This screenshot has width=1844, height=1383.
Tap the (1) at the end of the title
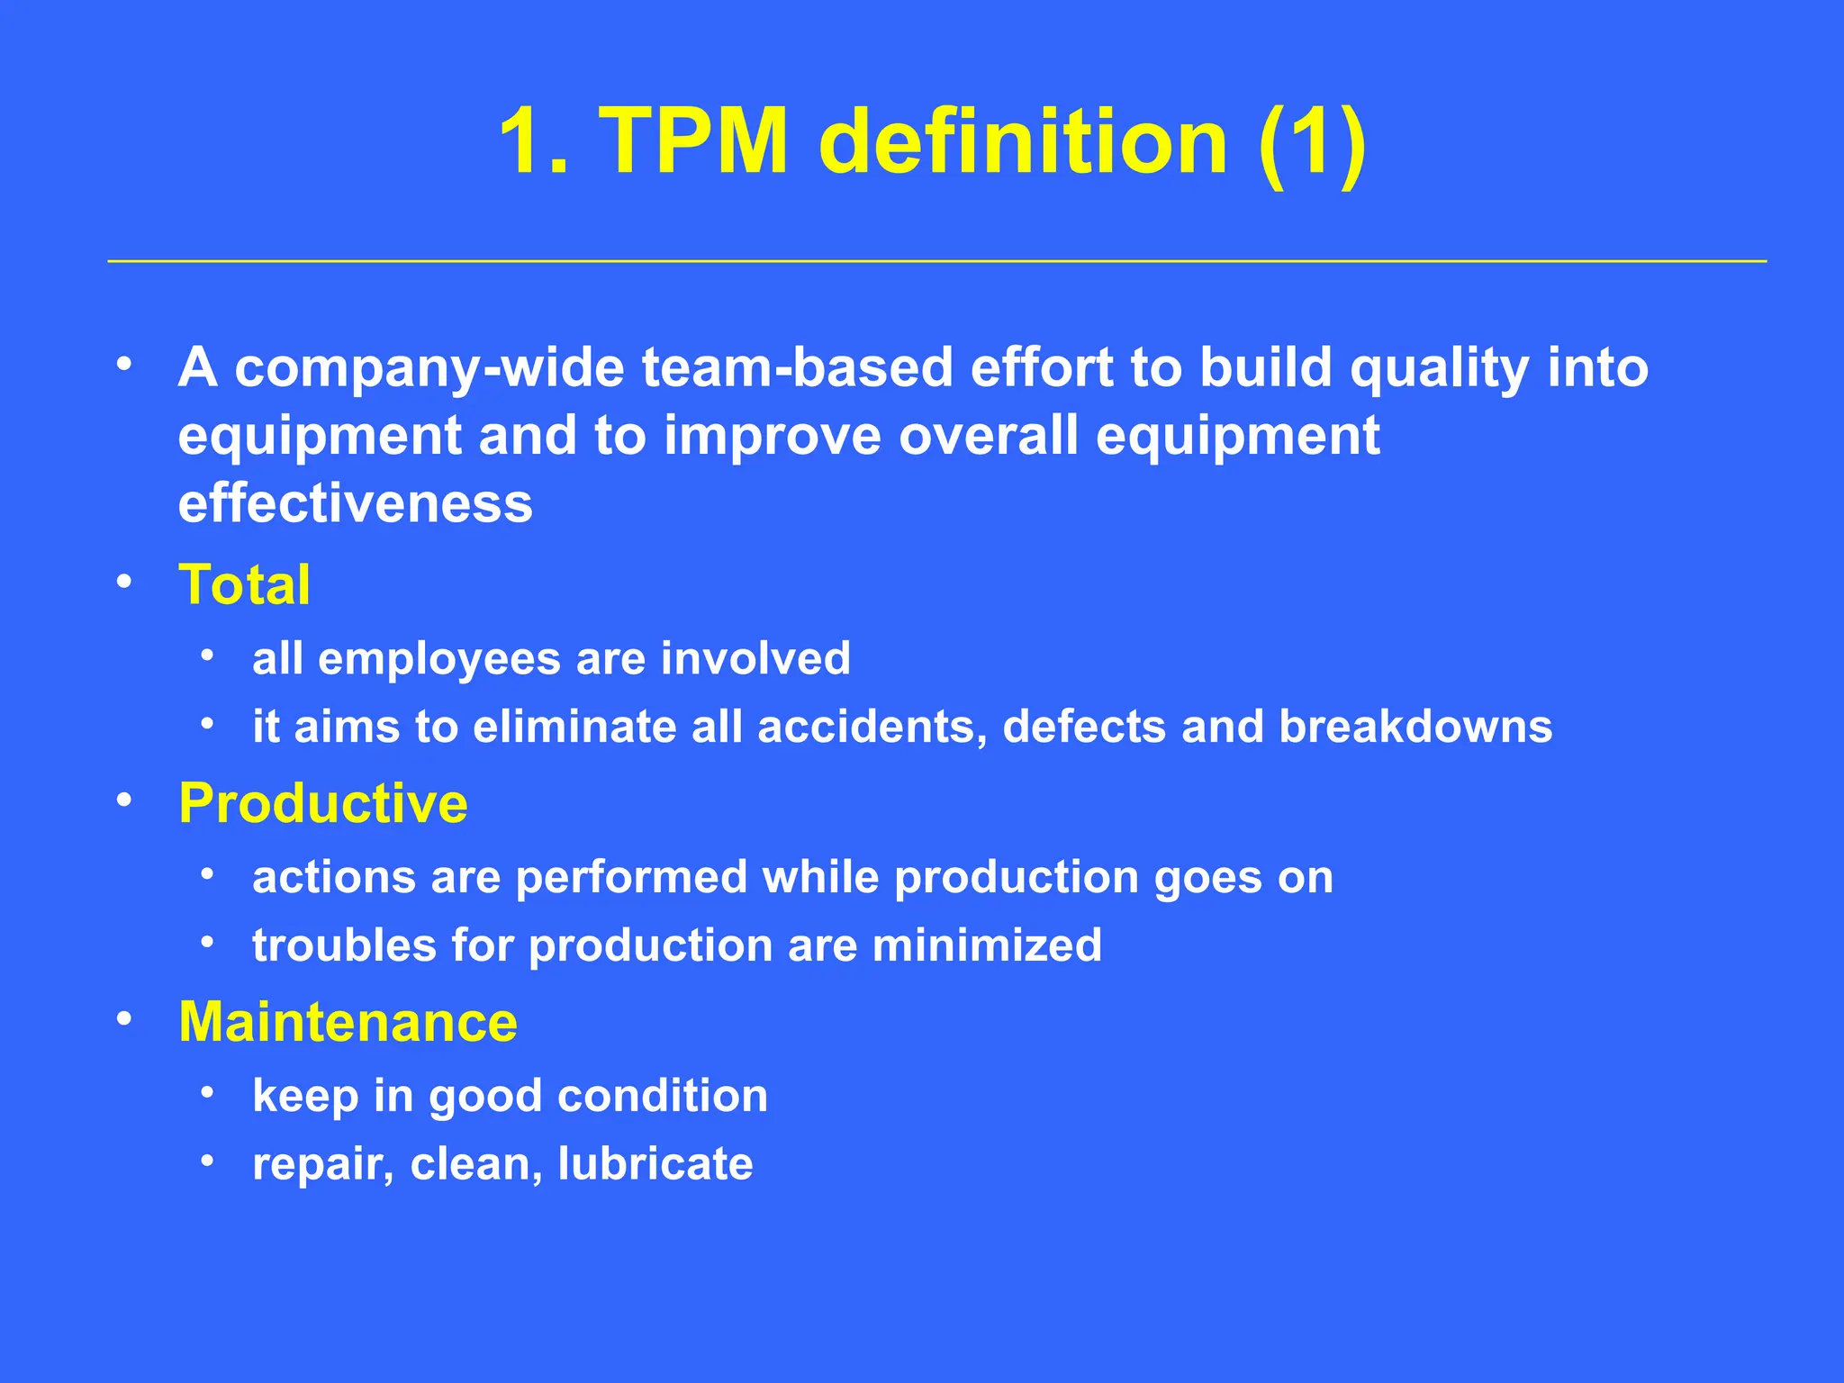(1312, 141)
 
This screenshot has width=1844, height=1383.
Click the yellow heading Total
(244, 584)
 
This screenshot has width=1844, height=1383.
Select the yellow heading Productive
(323, 803)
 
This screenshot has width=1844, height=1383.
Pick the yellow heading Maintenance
(348, 1022)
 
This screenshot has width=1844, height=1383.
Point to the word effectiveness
(355, 503)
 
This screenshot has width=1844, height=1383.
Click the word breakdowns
(1415, 727)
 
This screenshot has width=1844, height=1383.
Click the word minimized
(987, 945)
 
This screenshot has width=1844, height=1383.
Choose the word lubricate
(655, 1163)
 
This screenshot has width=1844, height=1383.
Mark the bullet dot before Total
(124, 582)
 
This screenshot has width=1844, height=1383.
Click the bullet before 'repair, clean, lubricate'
(207, 1162)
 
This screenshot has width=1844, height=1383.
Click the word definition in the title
(1023, 141)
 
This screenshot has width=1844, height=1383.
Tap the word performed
(631, 877)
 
